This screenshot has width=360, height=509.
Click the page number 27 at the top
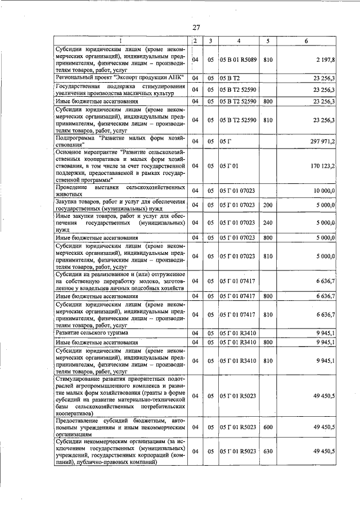196,28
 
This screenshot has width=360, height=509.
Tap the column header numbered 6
306,41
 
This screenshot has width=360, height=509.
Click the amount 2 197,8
325,59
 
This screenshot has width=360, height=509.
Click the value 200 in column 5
268,206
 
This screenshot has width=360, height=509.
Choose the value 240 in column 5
268,223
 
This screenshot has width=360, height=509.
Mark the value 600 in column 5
268,427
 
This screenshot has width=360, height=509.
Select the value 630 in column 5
268,452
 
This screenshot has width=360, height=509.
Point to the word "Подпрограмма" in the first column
75,137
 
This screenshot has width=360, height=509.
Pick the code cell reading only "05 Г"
226,141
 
